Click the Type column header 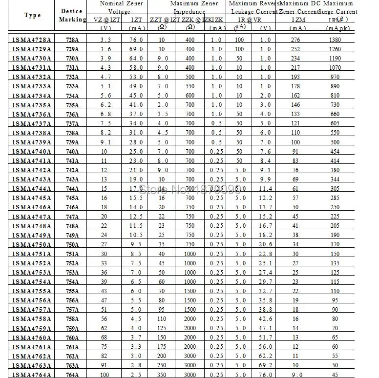[32, 15]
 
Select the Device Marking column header [72, 15]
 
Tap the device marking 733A [72, 86]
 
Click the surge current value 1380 [335, 39]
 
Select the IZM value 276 [295, 39]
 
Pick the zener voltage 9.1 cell [105, 142]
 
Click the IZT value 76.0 [136, 39]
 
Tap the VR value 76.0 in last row [265, 374]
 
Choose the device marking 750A [72, 244]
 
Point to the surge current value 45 [335, 374]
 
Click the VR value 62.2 [265, 356]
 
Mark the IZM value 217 [295, 67]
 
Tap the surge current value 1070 [335, 67]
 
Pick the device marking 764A [72, 374]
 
